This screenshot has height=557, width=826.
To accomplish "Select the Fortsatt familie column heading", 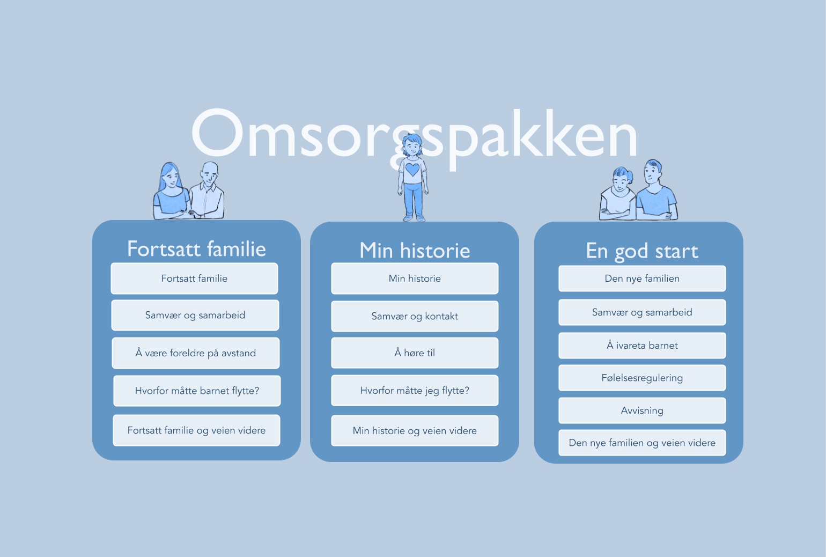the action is tap(196, 248).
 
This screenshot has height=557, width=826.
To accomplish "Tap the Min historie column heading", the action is tap(415, 251).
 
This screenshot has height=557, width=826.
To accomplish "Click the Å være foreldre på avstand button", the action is tap(195, 353).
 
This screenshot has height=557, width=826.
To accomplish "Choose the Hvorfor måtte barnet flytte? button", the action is tap(197, 391).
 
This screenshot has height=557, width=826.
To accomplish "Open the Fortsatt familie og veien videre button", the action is tap(196, 430).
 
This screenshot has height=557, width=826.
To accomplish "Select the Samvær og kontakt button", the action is tap(415, 316).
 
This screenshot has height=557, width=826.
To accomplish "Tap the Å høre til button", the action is tap(415, 353).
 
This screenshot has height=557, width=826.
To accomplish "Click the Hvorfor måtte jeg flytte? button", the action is tap(415, 390).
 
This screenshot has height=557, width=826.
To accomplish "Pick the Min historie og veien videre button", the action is tap(415, 430).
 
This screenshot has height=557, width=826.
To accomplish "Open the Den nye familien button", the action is tap(642, 278).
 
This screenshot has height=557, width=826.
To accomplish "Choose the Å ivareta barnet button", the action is tap(642, 345).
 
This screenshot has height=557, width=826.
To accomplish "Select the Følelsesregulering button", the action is tap(642, 378).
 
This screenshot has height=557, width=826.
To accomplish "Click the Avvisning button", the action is tap(642, 410).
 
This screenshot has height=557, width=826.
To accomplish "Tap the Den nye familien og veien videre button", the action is tap(642, 443).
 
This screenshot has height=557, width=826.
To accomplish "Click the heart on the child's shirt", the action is tap(412, 170).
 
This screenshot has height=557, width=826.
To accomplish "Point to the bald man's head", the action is tap(209, 173).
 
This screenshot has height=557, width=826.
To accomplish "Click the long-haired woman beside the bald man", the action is tap(172, 192).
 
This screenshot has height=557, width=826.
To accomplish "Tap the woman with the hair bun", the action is tap(618, 194).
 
